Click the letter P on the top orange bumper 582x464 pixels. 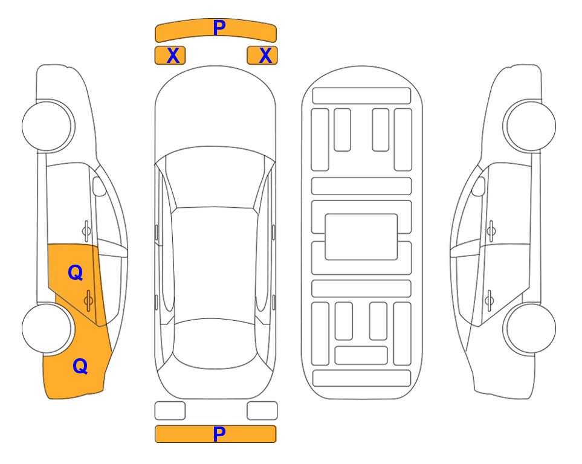[x=219, y=28]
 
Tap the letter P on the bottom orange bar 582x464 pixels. [x=219, y=434]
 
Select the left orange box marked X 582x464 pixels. [x=170, y=56]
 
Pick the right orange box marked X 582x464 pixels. [x=262, y=56]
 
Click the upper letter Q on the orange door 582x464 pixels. [x=76, y=273]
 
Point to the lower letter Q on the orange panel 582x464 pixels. [x=80, y=366]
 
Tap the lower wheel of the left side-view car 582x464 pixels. [x=47, y=328]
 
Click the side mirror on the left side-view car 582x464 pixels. [x=99, y=186]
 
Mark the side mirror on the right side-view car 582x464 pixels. [x=479, y=186]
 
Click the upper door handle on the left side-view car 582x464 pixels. [x=86, y=231]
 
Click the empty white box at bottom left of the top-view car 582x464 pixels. [x=170, y=411]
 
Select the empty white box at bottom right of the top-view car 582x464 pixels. [x=262, y=411]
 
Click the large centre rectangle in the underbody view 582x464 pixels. [x=361, y=237]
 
